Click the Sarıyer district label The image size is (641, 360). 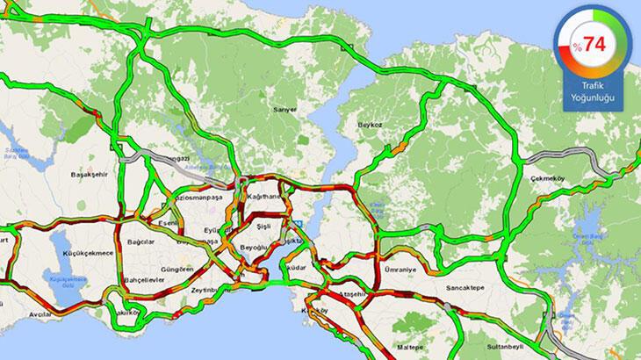pos(286,109)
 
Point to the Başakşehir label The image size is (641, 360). pos(88,175)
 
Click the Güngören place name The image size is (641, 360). pos(178,270)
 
